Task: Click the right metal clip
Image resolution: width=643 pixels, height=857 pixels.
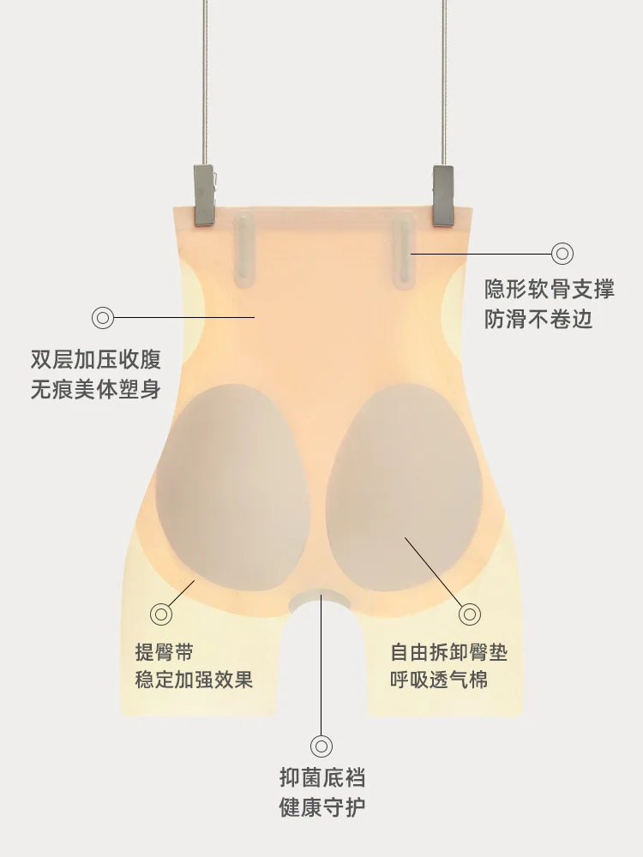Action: point(442,195)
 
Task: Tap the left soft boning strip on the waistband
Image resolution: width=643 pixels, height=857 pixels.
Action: point(244,248)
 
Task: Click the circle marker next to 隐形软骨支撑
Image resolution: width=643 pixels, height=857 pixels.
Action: point(562,253)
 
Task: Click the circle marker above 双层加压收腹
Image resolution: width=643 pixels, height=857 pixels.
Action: point(103,318)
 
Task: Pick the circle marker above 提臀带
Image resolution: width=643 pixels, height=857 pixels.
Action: point(160,614)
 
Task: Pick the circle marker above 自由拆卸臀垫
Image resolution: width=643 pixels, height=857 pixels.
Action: point(470,614)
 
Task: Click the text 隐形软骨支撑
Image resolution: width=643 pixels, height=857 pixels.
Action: point(550,289)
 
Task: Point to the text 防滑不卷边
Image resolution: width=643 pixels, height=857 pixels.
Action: point(538,320)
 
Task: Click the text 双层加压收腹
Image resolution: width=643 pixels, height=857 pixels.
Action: point(96,358)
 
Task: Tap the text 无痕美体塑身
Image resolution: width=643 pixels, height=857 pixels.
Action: point(96,389)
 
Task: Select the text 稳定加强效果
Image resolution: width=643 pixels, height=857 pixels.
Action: point(195,681)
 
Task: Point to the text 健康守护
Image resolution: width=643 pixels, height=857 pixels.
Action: point(322,807)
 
